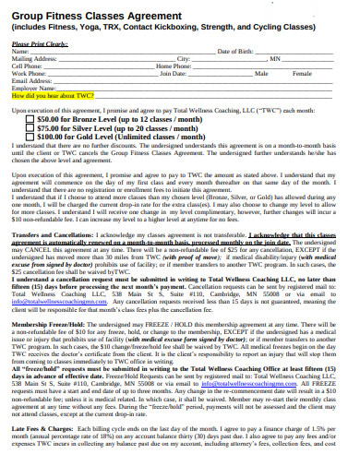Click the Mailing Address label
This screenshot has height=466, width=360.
31,59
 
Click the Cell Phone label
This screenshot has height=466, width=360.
26,66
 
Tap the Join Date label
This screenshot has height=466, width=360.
173,73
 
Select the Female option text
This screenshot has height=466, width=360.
301,73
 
